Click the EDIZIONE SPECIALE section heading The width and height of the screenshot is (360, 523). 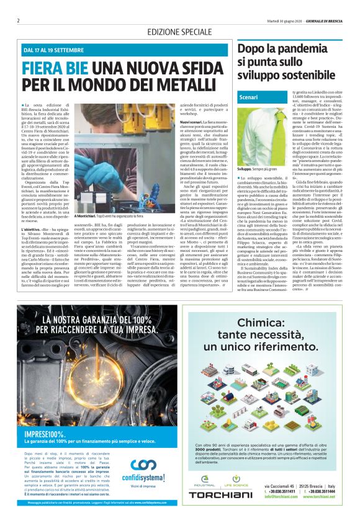pos(179,32)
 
